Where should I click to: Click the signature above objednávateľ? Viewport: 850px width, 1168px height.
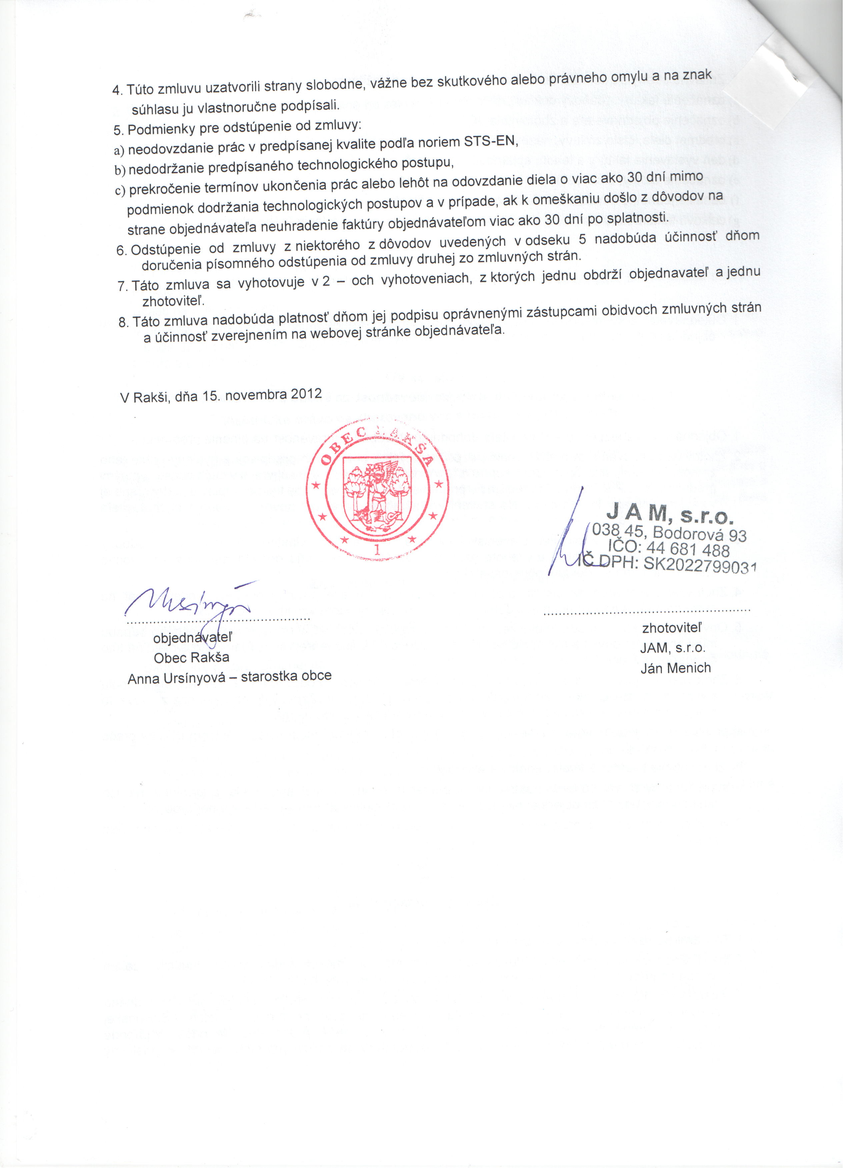pyautogui.click(x=188, y=603)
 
